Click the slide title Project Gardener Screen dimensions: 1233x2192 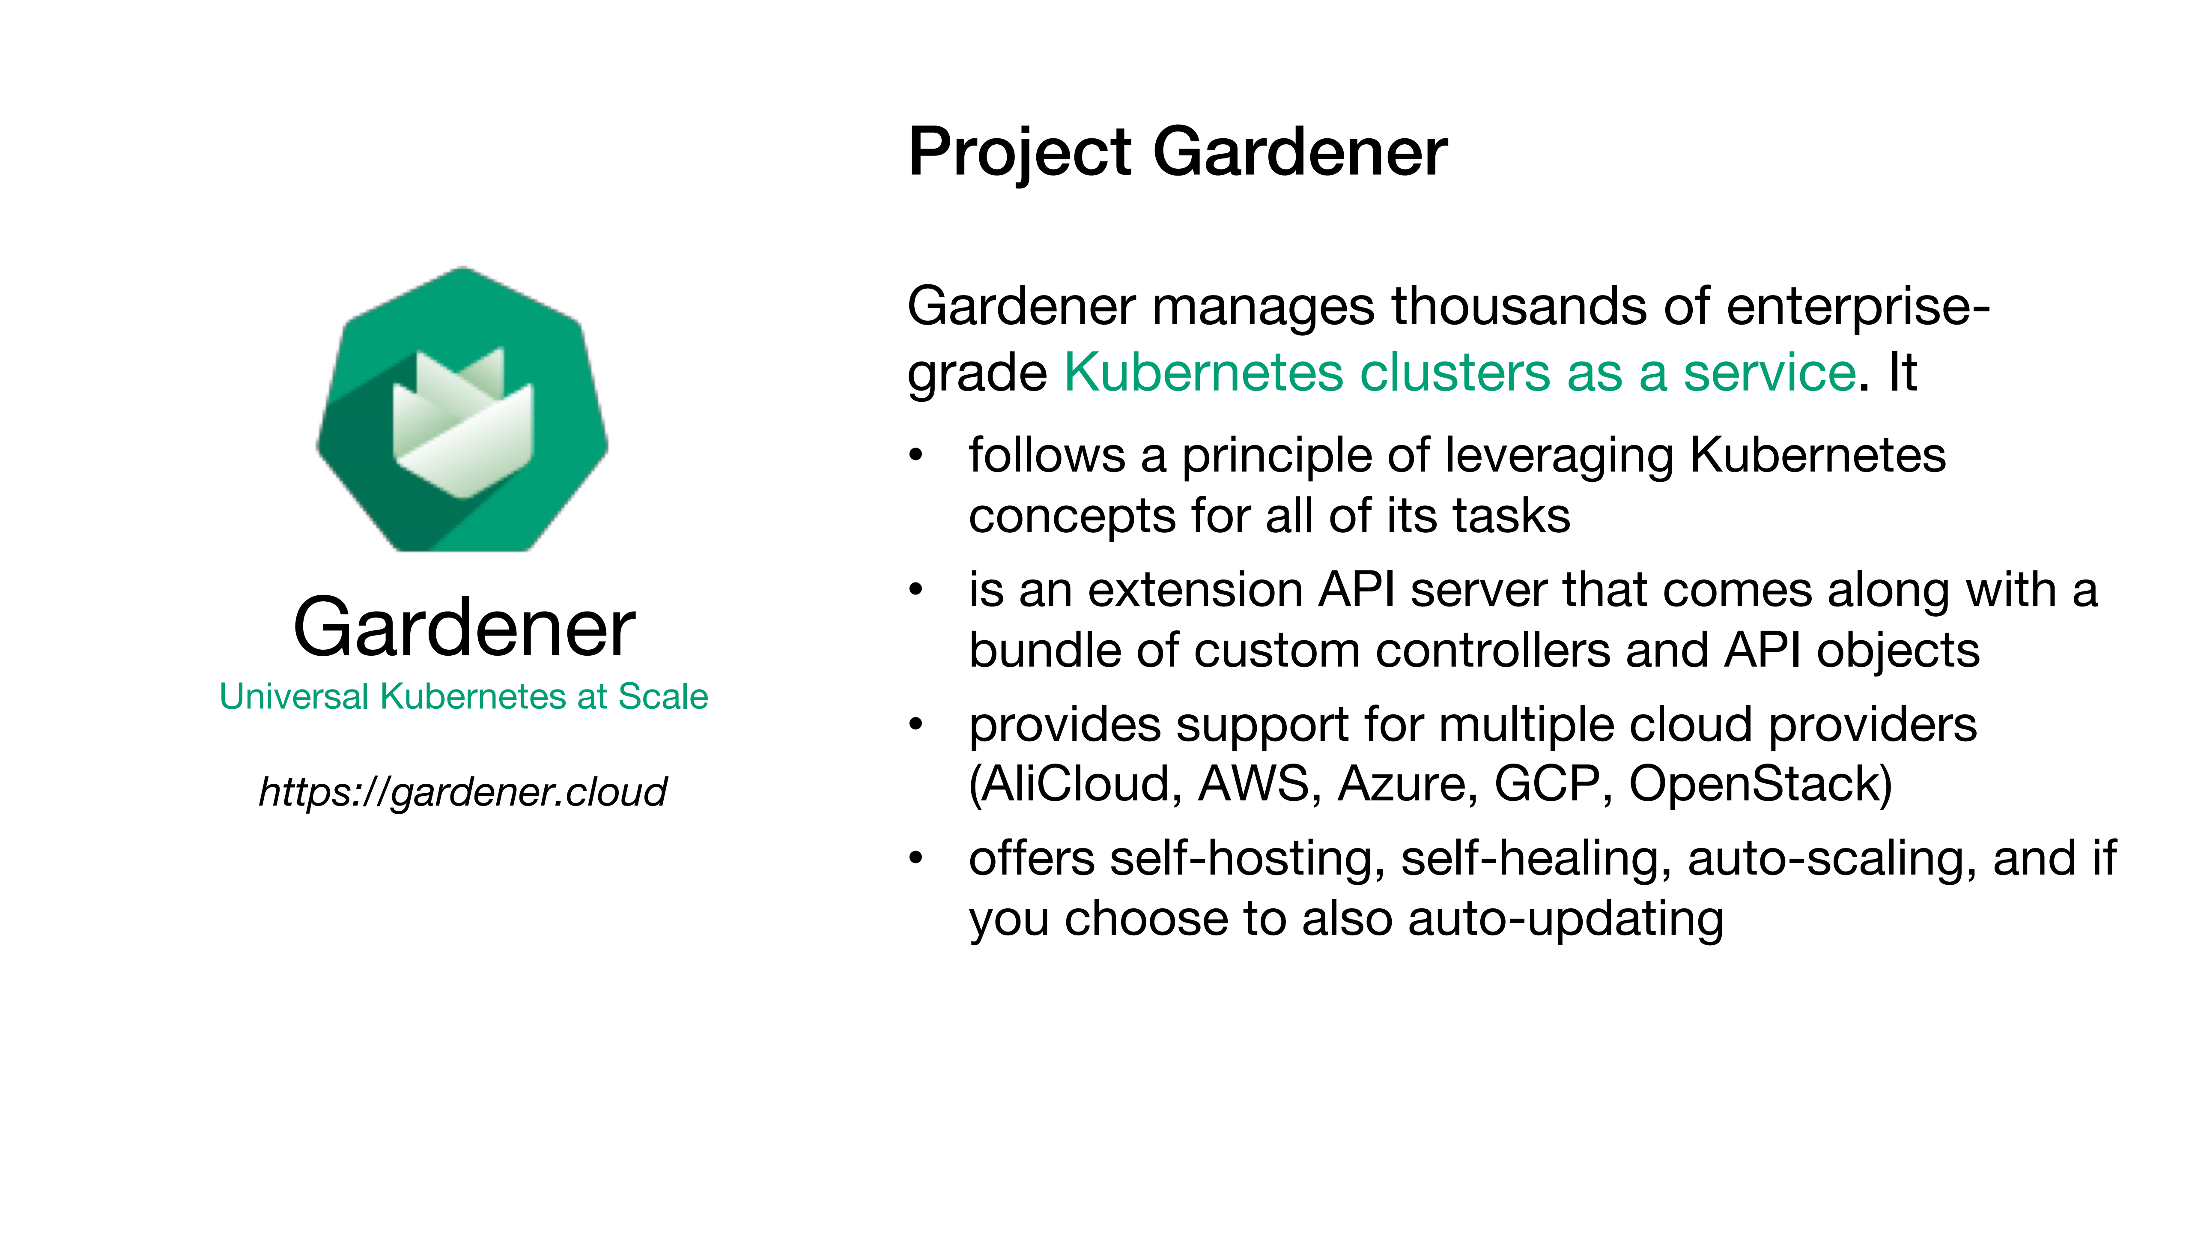point(1177,153)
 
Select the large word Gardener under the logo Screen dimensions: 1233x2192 point(464,628)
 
